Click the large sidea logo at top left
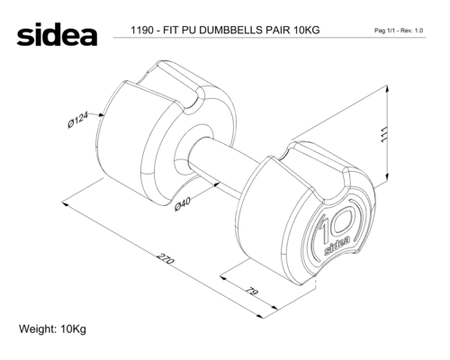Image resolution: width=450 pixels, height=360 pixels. (x=57, y=34)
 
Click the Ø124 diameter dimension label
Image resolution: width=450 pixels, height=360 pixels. (x=78, y=120)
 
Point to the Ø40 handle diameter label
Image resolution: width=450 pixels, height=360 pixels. (x=183, y=204)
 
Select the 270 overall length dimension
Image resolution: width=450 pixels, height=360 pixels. (x=166, y=259)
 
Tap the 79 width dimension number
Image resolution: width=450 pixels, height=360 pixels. (x=252, y=292)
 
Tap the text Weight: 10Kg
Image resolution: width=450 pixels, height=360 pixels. (x=52, y=329)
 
